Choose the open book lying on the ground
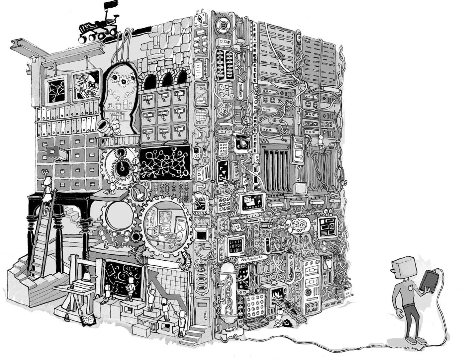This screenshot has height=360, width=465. pyautogui.click(x=87, y=320)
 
